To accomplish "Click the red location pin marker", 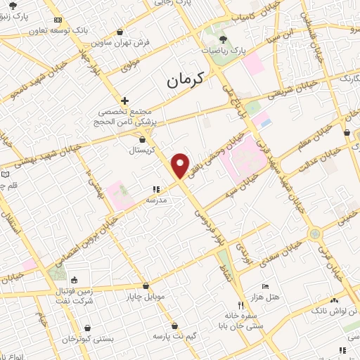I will [181, 165].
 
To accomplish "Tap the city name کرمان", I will [185, 79].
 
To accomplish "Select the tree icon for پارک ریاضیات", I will [224, 39].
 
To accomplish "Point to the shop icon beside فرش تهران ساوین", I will [120, 32].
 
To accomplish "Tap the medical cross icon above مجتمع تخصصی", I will [124, 101].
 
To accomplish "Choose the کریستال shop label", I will [142, 150].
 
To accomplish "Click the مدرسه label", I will [156, 200].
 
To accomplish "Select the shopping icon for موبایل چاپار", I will [146, 286].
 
